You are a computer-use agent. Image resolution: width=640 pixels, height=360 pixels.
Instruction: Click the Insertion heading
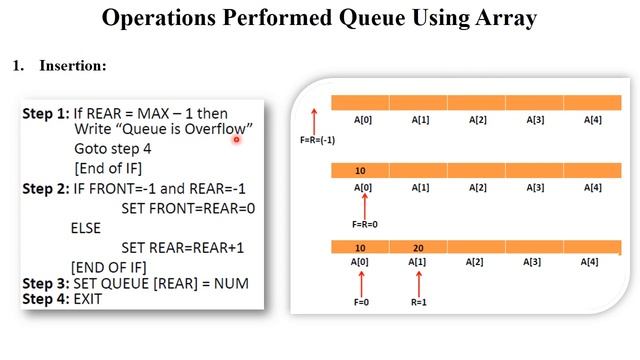73,66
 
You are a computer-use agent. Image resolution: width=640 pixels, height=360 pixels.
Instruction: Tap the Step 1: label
46,114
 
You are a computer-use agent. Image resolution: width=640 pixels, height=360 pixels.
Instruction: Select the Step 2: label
46,187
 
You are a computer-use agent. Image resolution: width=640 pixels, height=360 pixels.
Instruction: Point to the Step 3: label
46,284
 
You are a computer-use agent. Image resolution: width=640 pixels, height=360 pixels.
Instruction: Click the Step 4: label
46,299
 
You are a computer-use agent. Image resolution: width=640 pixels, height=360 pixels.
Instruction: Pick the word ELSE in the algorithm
87,228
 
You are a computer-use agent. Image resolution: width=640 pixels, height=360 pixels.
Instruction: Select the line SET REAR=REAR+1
183,247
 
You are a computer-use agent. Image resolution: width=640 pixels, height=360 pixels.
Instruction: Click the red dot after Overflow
236,140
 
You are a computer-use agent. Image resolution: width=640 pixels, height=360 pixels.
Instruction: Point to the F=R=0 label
365,225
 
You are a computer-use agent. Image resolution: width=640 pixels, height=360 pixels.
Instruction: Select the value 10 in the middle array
360,171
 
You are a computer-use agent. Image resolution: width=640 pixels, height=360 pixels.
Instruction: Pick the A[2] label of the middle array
477,187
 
